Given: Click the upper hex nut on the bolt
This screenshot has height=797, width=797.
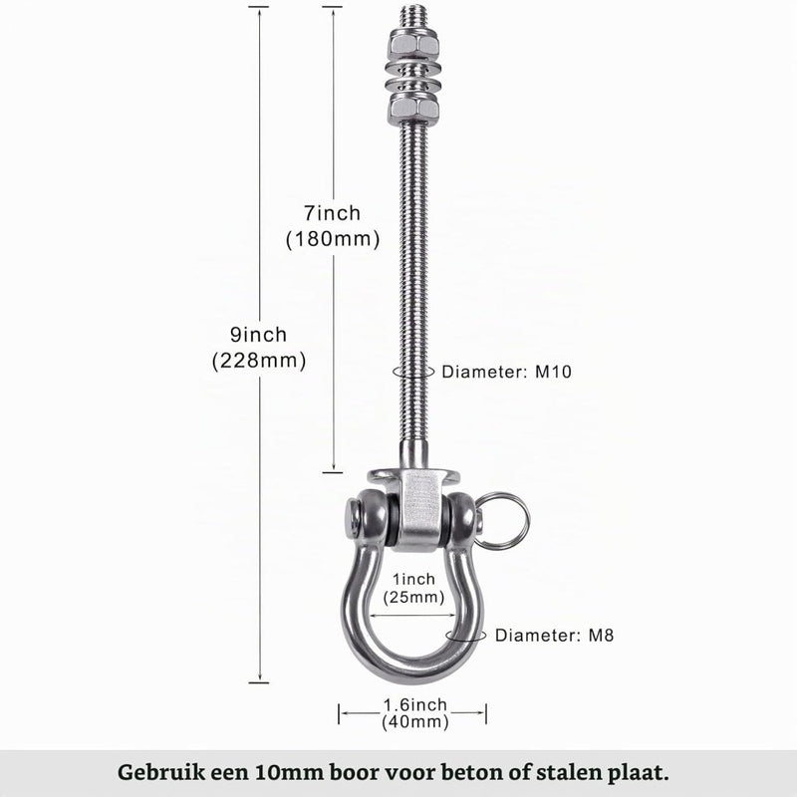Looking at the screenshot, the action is pyautogui.click(x=412, y=45).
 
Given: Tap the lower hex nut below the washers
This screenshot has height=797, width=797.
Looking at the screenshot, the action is pyautogui.click(x=412, y=110).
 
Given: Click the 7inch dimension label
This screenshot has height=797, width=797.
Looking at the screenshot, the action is pyautogui.click(x=333, y=213).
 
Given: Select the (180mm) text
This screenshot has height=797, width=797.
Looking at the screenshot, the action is pyautogui.click(x=333, y=239).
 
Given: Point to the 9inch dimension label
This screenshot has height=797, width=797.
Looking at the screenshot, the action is pyautogui.click(x=259, y=335).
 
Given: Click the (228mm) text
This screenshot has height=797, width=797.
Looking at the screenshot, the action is pyautogui.click(x=259, y=361).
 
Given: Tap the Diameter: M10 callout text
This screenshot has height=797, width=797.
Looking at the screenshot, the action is pyautogui.click(x=507, y=372).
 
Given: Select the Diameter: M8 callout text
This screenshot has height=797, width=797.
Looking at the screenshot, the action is pyautogui.click(x=555, y=635).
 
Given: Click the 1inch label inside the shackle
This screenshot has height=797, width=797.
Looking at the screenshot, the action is pyautogui.click(x=413, y=579).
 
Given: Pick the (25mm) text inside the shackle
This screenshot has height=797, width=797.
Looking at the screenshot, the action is pyautogui.click(x=413, y=597).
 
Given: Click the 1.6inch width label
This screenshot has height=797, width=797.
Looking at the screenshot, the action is pyautogui.click(x=415, y=705).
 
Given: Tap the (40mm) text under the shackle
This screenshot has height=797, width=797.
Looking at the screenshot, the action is pyautogui.click(x=415, y=721).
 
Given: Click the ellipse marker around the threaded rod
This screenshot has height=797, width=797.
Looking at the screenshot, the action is pyautogui.click(x=413, y=371).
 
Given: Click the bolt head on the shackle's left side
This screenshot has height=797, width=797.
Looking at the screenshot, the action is pyautogui.click(x=354, y=519).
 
